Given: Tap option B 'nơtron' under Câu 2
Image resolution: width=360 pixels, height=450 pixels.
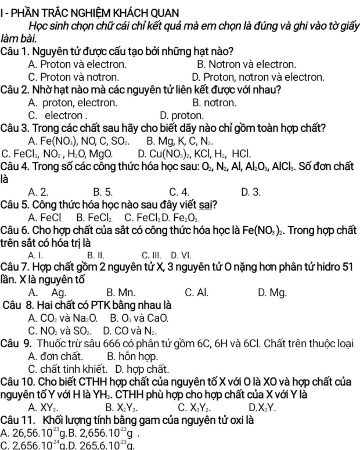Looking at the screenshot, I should coord(214,103).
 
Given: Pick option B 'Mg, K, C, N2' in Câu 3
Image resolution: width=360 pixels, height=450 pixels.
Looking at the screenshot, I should coord(180,141).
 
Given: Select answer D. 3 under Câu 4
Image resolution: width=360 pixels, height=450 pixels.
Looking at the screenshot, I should coord(251,192).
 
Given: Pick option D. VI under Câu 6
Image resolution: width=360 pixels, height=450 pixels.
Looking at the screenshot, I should coord(181,255).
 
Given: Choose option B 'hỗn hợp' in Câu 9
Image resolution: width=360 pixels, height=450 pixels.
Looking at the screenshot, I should coord(133,356).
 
